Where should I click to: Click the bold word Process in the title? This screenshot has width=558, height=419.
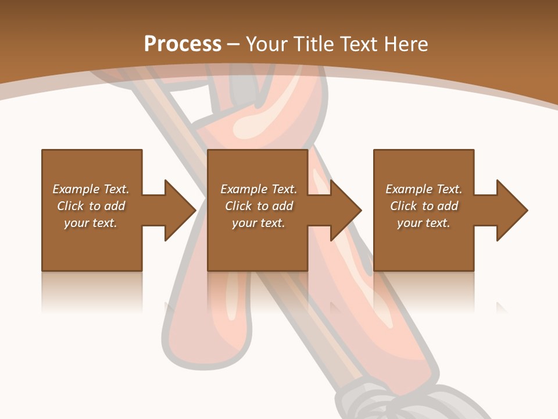click(x=183, y=44)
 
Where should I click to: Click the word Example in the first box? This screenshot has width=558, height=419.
click(x=76, y=189)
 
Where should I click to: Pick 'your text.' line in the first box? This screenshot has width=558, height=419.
click(x=91, y=223)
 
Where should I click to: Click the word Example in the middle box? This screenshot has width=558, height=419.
click(x=244, y=189)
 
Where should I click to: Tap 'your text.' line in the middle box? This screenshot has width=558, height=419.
click(x=258, y=223)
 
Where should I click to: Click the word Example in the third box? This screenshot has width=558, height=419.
click(x=409, y=189)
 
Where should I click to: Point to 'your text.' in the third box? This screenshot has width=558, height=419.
click(x=423, y=223)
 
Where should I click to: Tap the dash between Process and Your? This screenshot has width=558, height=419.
click(x=234, y=44)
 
